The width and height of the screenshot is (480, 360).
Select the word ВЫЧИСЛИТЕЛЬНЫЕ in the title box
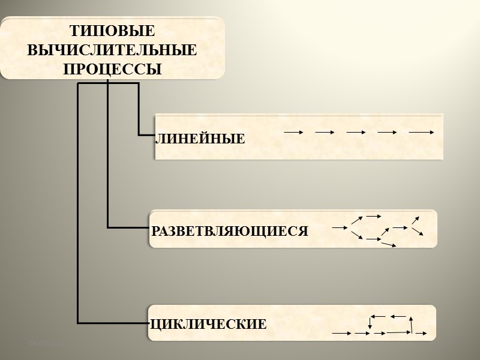pyautogui.click(x=112, y=50)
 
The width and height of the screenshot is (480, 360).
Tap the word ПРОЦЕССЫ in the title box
pyautogui.click(x=112, y=69)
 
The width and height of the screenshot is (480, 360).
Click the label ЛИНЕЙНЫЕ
pyautogui.click(x=200, y=140)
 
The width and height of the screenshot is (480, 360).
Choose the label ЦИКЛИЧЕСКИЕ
pyautogui.click(x=208, y=325)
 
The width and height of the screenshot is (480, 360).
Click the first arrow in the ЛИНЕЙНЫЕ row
pyautogui.click(x=293, y=131)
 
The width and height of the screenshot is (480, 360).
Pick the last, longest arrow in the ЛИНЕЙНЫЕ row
pyautogui.click(x=421, y=131)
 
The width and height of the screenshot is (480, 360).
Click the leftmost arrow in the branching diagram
pyautogui.click(x=340, y=227)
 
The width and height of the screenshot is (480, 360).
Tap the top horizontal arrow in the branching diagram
pyautogui.click(x=374, y=215)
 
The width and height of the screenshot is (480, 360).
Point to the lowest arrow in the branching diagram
pyautogui.click(x=389, y=245)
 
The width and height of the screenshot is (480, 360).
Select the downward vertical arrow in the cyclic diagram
pyautogui.click(x=370, y=323)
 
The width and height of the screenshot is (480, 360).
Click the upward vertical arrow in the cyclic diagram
pyautogui.click(x=411, y=324)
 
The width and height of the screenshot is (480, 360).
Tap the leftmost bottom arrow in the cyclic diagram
pyautogui.click(x=341, y=332)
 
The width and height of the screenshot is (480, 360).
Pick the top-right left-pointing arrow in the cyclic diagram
pyautogui.click(x=398, y=316)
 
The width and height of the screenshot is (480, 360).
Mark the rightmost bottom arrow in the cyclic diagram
pyautogui.click(x=420, y=332)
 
